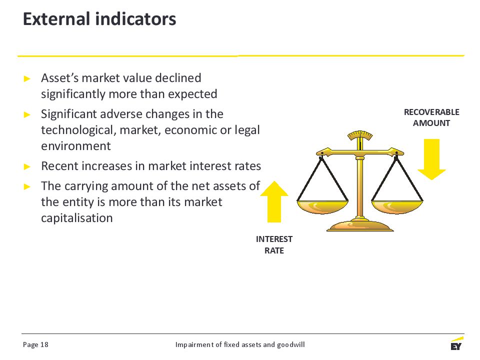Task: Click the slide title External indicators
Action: click(99, 18)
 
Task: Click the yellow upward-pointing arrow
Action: click(274, 201)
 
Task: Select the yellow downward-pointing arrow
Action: click(431, 159)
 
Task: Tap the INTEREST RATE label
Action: click(274, 244)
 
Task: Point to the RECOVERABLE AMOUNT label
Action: click(431, 117)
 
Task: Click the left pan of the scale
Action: click(322, 206)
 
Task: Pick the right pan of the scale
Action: click(397, 206)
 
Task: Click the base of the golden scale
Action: click(360, 226)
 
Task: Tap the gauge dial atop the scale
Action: click(360, 136)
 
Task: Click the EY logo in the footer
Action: click(456, 343)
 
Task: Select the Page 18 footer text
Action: click(35, 344)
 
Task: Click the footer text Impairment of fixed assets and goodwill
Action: click(240, 344)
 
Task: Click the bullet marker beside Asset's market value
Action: click(27, 78)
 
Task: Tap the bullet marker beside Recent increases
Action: click(27, 166)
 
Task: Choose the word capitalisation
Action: click(77, 218)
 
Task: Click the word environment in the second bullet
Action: click(76, 146)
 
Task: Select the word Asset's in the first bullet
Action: click(59, 78)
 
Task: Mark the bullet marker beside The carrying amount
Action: click(27, 186)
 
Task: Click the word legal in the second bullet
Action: click(247, 130)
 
